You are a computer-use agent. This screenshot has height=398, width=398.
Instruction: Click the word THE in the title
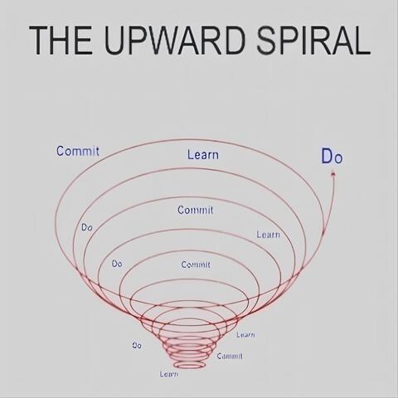pos(61,40)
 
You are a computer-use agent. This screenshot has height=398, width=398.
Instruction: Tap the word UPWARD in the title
pos(175,40)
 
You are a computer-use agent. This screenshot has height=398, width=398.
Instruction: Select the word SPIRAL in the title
pos(313,40)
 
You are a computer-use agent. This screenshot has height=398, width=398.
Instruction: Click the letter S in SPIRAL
pos(267,40)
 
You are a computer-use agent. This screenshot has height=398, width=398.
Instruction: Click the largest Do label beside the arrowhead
pos(332,157)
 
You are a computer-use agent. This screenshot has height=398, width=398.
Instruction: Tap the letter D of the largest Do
pos(327,156)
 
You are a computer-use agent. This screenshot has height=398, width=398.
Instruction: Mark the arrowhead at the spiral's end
pos(333,174)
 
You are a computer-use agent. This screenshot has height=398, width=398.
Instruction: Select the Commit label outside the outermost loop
pos(78,151)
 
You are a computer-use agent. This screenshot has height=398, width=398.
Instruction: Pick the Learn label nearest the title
pos(203,154)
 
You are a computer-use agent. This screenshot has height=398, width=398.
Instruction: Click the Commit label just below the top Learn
pos(196,210)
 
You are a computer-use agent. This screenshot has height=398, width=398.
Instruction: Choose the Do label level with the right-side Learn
pos(87,227)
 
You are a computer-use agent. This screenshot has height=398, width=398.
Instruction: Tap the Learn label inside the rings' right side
pos(268,235)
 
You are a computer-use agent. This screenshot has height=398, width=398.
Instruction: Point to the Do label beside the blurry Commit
pos(117,264)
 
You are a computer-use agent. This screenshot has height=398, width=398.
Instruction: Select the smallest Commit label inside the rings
pos(196,265)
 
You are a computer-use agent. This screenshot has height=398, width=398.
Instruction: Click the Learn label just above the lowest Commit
pos(245,335)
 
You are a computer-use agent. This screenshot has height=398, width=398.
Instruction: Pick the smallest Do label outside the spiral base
pos(137,346)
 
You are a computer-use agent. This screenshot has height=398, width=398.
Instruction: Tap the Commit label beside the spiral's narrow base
pos(230,356)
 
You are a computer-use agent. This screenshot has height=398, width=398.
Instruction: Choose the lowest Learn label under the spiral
pos(169,374)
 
